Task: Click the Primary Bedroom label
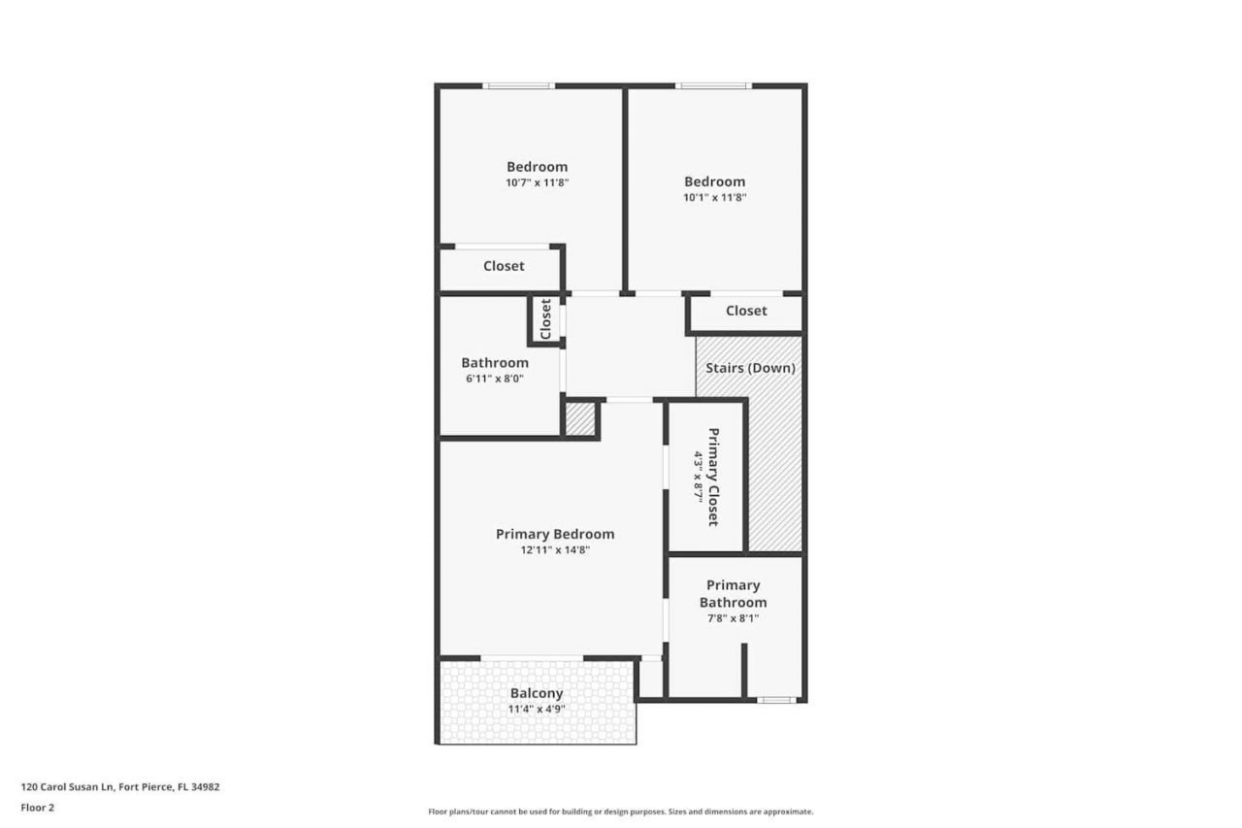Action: [x=554, y=534]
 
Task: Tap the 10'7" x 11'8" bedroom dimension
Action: [x=537, y=182]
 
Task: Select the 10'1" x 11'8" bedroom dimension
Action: [x=714, y=197]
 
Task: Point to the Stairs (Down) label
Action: [x=750, y=368]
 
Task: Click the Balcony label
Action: [x=537, y=693]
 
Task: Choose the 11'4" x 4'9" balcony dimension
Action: [x=537, y=709]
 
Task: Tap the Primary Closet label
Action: [x=714, y=477]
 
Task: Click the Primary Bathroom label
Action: [x=733, y=593]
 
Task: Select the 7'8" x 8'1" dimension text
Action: [x=733, y=617]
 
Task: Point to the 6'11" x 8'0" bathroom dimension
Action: [x=495, y=379]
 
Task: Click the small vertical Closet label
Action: [x=545, y=318]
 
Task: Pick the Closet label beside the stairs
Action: [x=746, y=311]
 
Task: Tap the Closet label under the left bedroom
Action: [x=504, y=266]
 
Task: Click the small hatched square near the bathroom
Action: [x=579, y=419]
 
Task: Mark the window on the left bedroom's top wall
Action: [x=519, y=86]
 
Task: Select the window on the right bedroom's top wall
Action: [x=713, y=86]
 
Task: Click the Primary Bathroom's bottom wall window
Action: [x=776, y=699]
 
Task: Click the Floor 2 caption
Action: [x=38, y=807]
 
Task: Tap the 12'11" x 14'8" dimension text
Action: [x=554, y=549]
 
